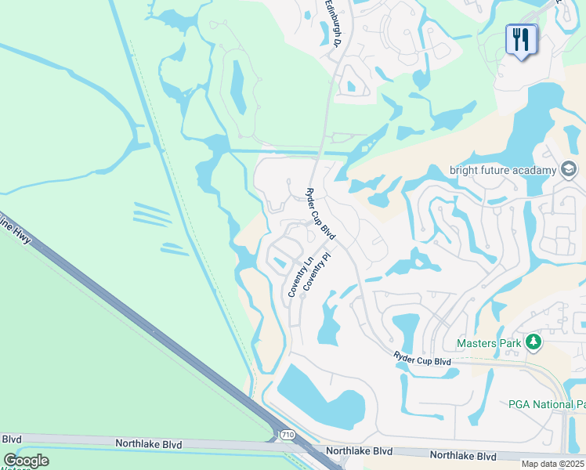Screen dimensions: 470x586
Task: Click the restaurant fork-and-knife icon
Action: (x=521, y=39)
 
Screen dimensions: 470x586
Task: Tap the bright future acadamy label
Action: (x=501, y=170)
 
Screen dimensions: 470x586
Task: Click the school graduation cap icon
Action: (x=569, y=169)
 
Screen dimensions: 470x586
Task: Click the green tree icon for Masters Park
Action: (x=534, y=342)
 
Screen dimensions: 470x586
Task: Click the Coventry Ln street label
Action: (x=300, y=277)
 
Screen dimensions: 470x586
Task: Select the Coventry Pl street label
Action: (x=315, y=272)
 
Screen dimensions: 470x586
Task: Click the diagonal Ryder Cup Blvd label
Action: (x=320, y=214)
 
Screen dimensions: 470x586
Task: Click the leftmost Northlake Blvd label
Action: (x=148, y=443)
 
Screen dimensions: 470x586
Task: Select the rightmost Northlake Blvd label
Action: (x=463, y=455)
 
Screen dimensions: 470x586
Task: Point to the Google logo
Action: (x=26, y=461)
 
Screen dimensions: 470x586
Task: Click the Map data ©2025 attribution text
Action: (x=553, y=464)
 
